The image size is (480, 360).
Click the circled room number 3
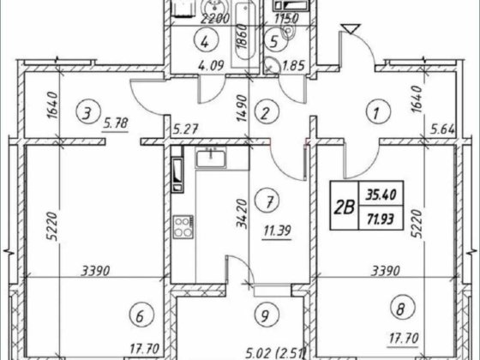(87, 114)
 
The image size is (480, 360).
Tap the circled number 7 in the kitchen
(269, 201)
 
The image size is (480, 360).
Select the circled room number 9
(267, 315)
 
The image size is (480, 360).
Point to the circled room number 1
(378, 111)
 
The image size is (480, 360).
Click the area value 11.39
(277, 231)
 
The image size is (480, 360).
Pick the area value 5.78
(116, 124)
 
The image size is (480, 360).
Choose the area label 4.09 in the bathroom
(211, 66)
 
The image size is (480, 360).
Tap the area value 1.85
(293, 66)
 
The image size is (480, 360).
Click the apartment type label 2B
(344, 207)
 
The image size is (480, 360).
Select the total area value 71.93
(381, 219)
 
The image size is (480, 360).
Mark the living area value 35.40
(381, 195)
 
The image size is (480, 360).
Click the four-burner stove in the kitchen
(183, 227)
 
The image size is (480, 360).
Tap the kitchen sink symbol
(211, 158)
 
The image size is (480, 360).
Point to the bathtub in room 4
(245, 33)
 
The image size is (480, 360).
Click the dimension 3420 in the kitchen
(242, 213)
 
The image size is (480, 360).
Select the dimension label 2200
(215, 19)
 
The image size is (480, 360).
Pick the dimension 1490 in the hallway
(242, 108)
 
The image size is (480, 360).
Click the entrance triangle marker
(351, 28)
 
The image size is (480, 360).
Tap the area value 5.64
(442, 129)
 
